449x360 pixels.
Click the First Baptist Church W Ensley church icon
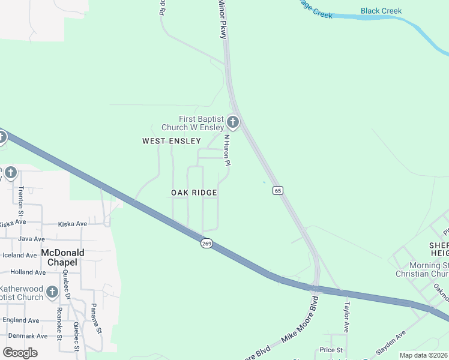[233, 123]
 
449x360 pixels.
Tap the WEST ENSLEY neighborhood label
[171, 140]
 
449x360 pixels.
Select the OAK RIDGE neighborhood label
[194, 193]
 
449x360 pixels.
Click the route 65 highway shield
[277, 190]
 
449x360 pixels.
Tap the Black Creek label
[381, 11]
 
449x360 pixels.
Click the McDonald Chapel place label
[62, 257]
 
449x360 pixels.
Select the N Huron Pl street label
[228, 150]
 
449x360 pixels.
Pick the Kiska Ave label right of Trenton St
[73, 224]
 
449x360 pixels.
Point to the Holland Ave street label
[27, 272]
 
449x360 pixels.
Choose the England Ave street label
[20, 320]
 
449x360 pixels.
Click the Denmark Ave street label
[25, 336]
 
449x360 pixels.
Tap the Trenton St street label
[20, 200]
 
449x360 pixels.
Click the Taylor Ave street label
[346, 317]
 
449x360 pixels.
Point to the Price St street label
[331, 350]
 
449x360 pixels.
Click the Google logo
[20, 353]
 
